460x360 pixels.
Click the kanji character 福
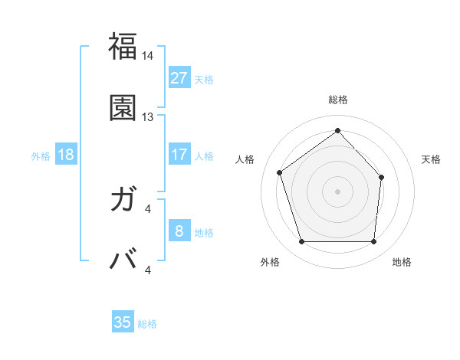(x=123, y=47)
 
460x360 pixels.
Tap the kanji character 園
(x=123, y=108)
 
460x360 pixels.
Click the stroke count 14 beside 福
(x=148, y=56)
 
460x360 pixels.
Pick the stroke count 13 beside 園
(x=148, y=117)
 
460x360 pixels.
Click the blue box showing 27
(x=179, y=78)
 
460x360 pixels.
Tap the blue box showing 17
(x=179, y=155)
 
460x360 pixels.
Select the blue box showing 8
(x=179, y=231)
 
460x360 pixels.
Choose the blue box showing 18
(x=66, y=155)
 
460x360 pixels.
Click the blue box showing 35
(x=123, y=322)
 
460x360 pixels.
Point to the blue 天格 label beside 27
(x=204, y=80)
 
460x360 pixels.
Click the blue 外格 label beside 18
(x=41, y=155)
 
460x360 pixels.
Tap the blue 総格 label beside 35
(x=147, y=324)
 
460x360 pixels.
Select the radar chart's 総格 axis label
(x=338, y=100)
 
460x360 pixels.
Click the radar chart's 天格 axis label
(x=431, y=159)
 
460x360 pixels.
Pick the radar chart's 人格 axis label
(x=245, y=159)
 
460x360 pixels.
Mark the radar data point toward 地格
(x=374, y=242)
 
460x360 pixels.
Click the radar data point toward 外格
(x=301, y=242)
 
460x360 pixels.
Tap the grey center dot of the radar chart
(x=337, y=191)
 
